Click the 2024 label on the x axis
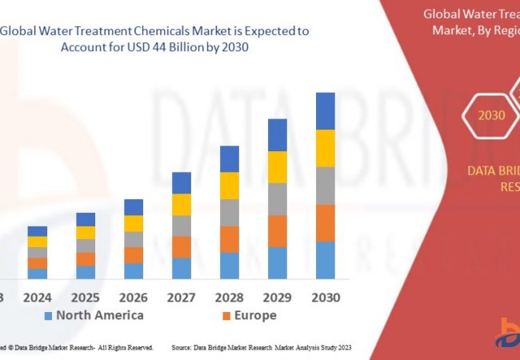tap(38, 298)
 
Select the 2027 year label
tap(182, 298)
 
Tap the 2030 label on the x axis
tap(325, 298)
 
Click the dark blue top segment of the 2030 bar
tap(325, 111)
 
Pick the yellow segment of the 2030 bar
tap(325, 148)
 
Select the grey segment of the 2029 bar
tap(277, 199)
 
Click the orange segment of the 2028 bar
tap(230, 239)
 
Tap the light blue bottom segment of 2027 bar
tap(182, 268)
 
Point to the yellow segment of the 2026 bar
tap(134, 223)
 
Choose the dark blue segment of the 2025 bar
tap(86, 219)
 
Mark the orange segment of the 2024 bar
tap(38, 263)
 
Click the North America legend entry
tap(99, 315)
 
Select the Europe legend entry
tap(255, 315)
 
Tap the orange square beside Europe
tap(227, 316)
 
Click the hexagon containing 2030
tap(491, 115)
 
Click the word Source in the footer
tap(182, 348)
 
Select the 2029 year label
tap(277, 298)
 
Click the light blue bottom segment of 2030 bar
tap(325, 260)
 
